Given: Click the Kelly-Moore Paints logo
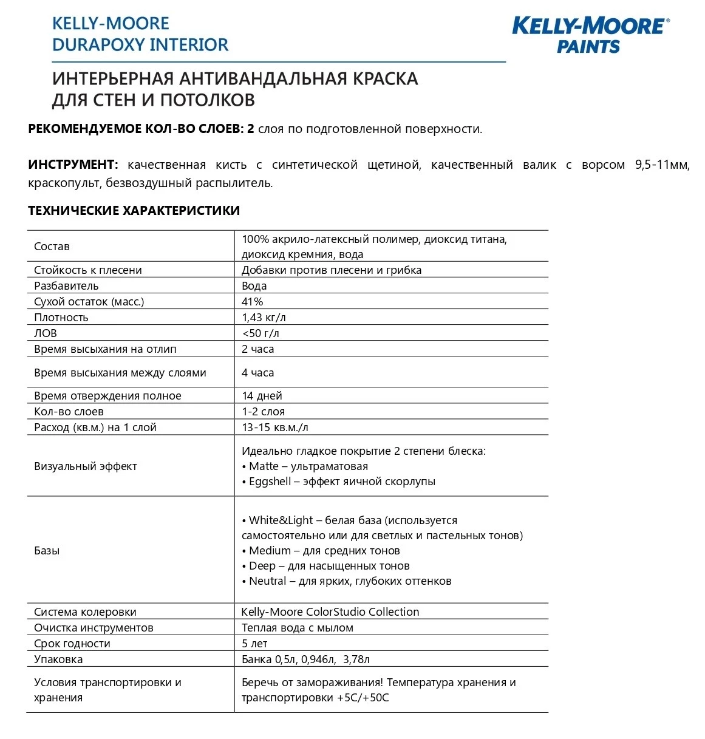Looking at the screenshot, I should click(x=590, y=35).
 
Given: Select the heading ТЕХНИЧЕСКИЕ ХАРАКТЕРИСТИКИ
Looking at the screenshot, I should click(x=134, y=211).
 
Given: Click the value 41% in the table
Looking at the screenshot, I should click(x=252, y=302).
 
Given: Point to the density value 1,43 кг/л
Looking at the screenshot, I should click(x=264, y=318).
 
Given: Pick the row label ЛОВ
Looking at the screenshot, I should click(x=46, y=333).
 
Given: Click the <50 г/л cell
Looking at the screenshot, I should click(x=261, y=333).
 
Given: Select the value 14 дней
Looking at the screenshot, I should click(x=262, y=396).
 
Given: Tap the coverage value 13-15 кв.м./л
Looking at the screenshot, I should click(x=274, y=427).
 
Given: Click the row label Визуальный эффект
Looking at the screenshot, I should click(x=86, y=466).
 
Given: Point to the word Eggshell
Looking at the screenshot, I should click(x=270, y=482).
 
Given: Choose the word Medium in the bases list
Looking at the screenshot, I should click(x=270, y=551).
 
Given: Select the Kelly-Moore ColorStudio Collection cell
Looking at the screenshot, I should click(x=330, y=612).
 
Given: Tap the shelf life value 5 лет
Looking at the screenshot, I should click(x=254, y=644).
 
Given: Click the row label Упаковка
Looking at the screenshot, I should click(x=58, y=659).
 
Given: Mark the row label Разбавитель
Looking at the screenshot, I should click(x=66, y=286).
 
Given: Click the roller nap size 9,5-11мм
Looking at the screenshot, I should click(x=662, y=165).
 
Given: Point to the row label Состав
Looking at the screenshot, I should click(x=52, y=247).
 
